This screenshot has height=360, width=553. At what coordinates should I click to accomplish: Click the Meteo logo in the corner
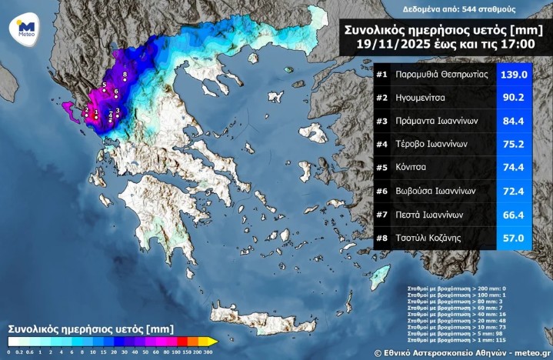pyautogui.click(x=23, y=30)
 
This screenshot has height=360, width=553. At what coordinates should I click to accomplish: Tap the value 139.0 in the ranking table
pyautogui.click(x=513, y=75)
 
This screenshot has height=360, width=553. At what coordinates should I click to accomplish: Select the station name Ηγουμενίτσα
pyautogui.click(x=425, y=98)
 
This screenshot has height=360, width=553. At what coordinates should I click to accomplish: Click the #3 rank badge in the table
pyautogui.click(x=382, y=122)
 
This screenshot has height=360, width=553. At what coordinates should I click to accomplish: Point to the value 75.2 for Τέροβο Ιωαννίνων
pyautogui.click(x=513, y=145)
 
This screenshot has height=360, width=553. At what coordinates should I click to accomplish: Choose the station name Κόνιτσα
pyautogui.click(x=415, y=168)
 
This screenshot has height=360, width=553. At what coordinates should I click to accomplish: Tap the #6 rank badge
pyautogui.click(x=382, y=191)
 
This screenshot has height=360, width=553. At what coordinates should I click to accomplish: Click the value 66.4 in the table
pyautogui.click(x=513, y=215)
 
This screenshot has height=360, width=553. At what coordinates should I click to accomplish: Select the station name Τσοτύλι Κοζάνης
pyautogui.click(x=434, y=238)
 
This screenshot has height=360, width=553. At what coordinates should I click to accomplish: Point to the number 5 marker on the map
pyautogui.click(x=104, y=85)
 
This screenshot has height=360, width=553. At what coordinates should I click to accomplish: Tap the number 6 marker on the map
pyautogui.click(x=115, y=93)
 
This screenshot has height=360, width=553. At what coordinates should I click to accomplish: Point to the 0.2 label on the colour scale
pyautogui.click(x=19, y=352)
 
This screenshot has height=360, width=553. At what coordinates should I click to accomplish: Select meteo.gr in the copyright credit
pyautogui.click(x=528, y=352)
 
